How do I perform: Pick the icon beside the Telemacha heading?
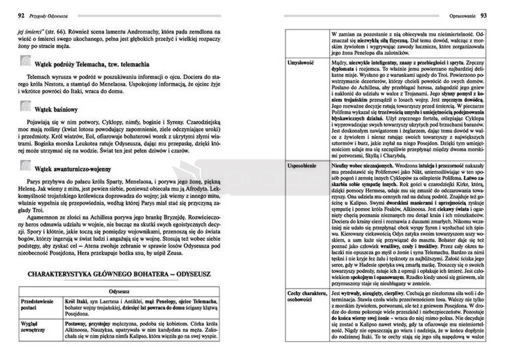point(25,63)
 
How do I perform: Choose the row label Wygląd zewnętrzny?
point(33,325)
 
